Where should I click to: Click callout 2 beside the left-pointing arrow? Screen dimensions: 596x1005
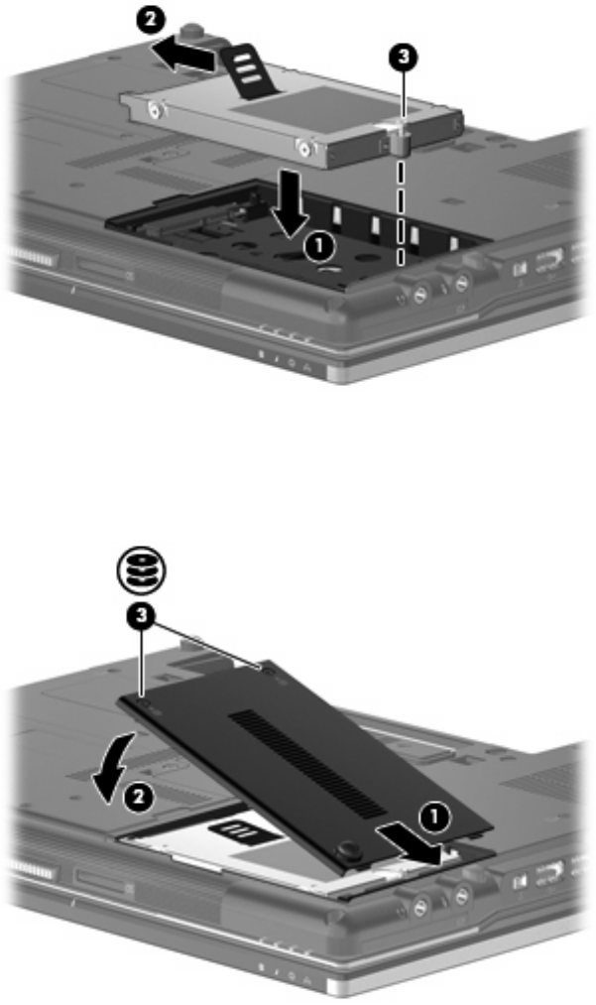click(150, 20)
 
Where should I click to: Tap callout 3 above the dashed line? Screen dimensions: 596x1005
click(403, 57)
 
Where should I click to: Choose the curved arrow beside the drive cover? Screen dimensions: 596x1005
click(115, 770)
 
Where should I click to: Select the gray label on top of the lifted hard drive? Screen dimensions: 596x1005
click(293, 108)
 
